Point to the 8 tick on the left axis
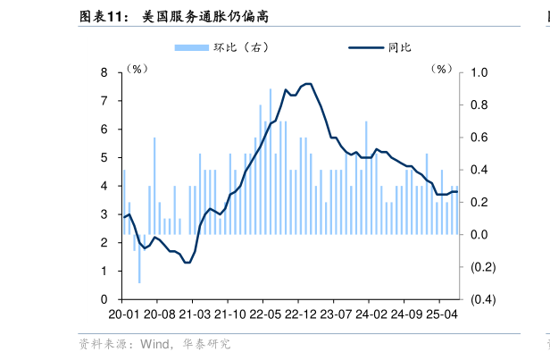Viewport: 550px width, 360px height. (104, 72)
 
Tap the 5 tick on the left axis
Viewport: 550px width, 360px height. (104, 158)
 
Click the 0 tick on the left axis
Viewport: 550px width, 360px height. (104, 299)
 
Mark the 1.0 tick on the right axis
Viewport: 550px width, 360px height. (479, 72)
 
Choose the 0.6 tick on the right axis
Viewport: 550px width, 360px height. (479, 138)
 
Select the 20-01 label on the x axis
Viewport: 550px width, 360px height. (123, 315)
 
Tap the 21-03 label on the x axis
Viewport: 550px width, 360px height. (194, 315)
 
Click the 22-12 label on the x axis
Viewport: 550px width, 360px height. (300, 315)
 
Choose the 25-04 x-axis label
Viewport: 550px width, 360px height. (441, 315)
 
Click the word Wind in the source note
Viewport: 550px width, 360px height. (154, 343)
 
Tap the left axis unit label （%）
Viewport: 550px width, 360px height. (137, 69)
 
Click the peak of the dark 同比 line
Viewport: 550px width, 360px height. (307, 84)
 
